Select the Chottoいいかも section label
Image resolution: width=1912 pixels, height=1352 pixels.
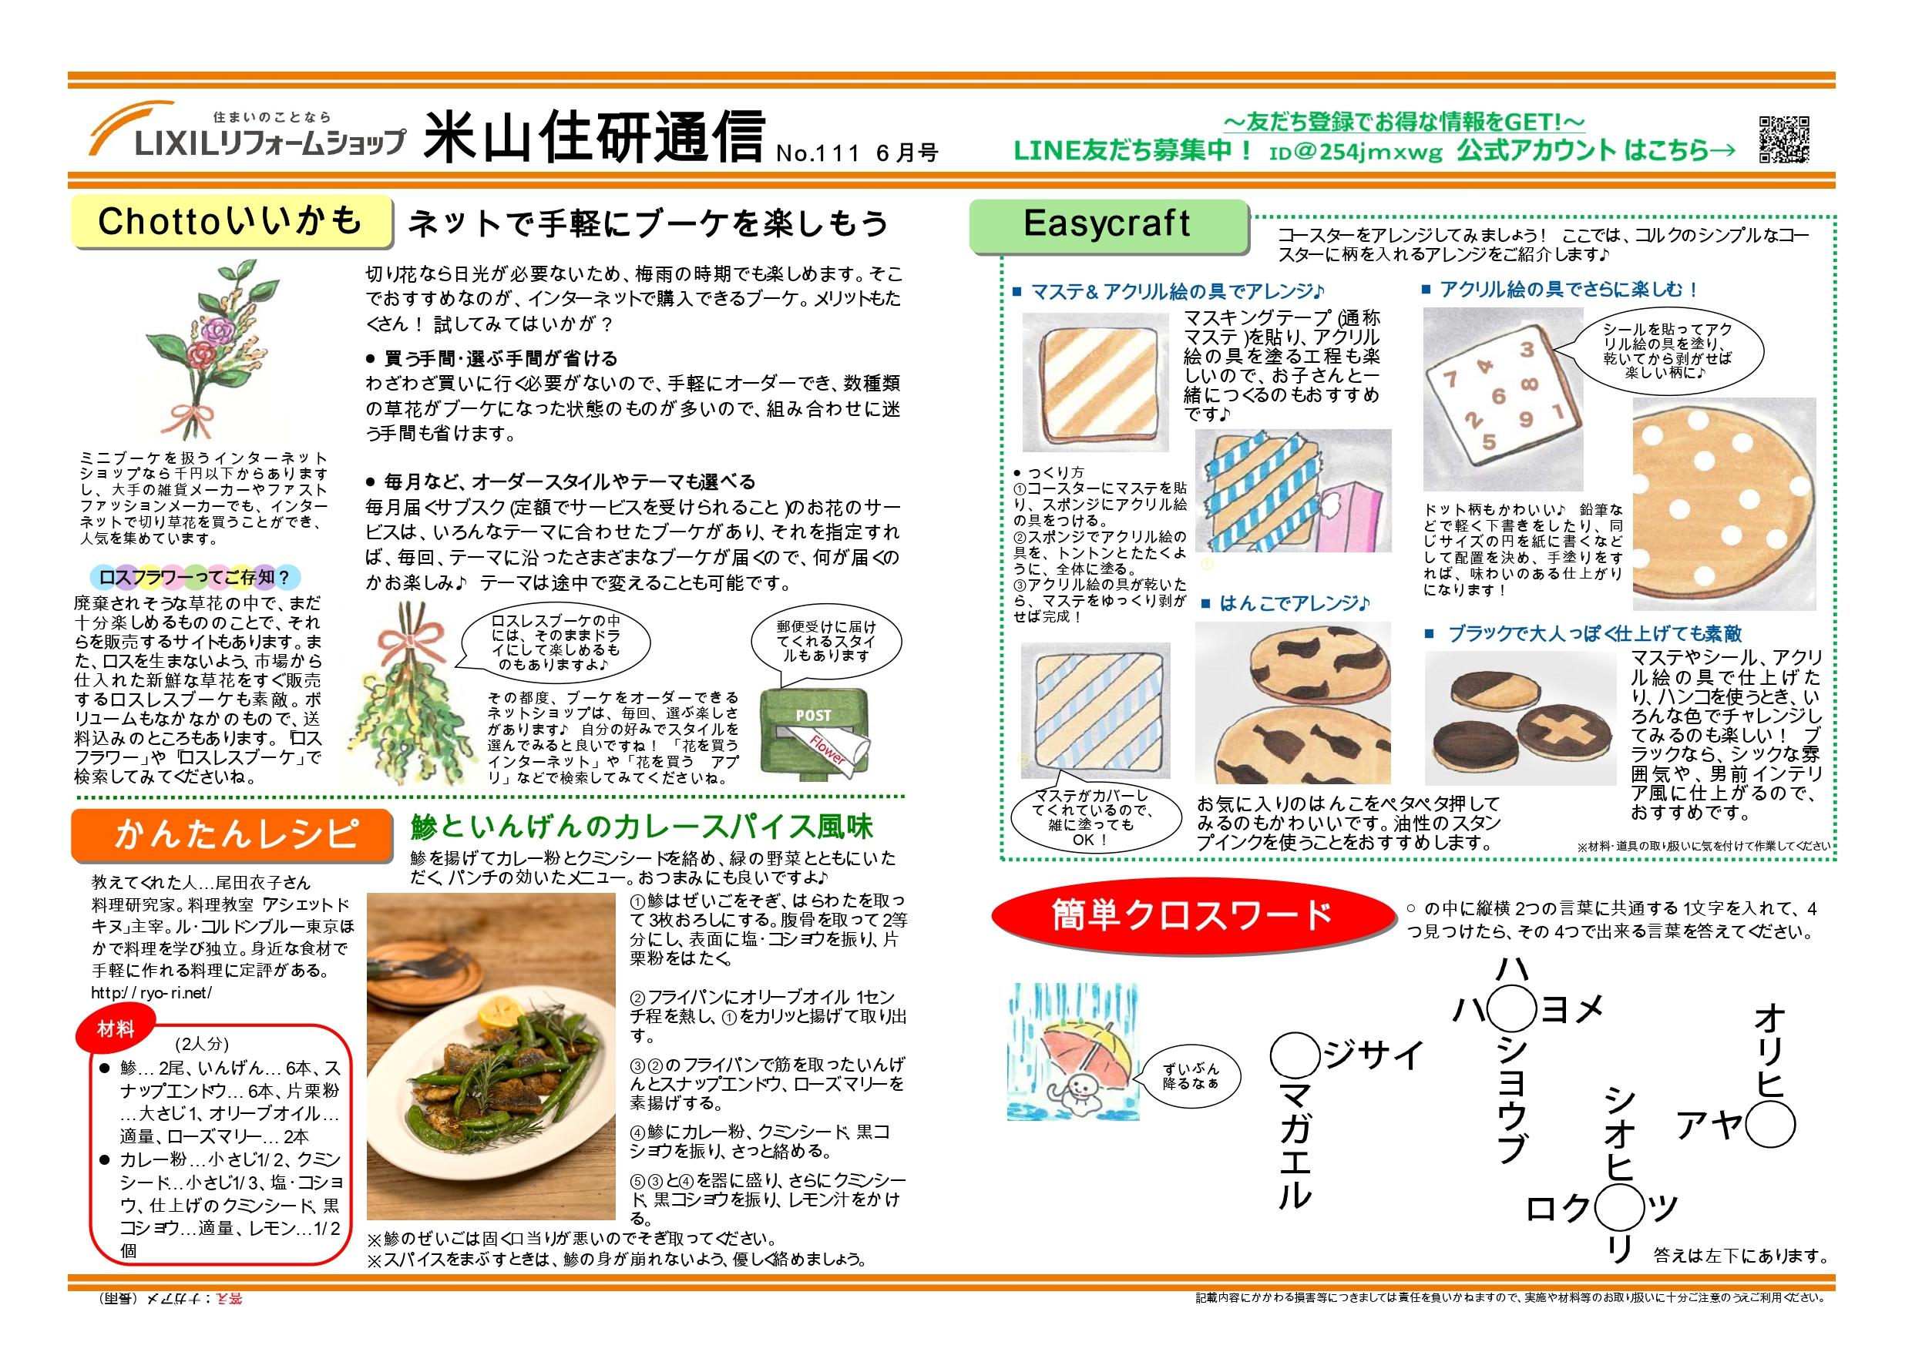coord(230,221)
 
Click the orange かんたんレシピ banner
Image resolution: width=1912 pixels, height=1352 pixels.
coord(231,836)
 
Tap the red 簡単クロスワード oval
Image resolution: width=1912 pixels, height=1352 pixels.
coord(1192,915)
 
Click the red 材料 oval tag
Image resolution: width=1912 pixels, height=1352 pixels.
coord(116,1030)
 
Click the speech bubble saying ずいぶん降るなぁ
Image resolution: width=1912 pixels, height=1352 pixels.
coord(1190,1075)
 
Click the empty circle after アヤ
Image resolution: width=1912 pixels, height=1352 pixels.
coord(1769,1126)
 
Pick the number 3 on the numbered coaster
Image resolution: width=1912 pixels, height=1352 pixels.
coord(1527,351)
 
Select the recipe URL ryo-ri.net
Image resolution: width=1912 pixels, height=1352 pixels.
coord(153,992)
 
